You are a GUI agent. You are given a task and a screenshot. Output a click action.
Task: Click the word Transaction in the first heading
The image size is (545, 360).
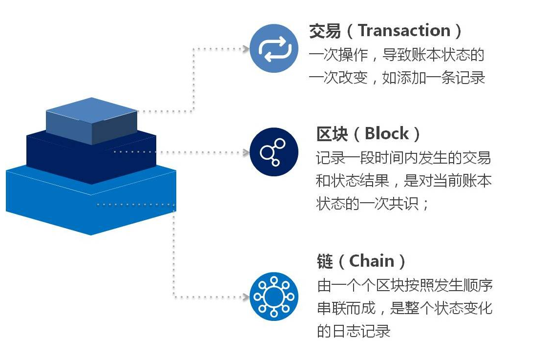(x=404, y=31)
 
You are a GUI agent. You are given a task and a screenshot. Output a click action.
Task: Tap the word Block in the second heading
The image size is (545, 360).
(x=387, y=133)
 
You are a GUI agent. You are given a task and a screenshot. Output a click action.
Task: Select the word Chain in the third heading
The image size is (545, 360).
(x=372, y=261)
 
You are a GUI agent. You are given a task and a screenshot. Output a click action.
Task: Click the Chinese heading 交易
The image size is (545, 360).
(x=325, y=31)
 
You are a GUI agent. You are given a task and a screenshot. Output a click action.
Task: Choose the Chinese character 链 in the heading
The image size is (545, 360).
(x=325, y=261)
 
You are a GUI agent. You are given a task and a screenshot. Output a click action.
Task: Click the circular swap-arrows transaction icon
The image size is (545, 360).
(x=273, y=49)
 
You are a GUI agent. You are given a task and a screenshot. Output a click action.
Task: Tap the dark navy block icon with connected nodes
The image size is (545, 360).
(x=273, y=152)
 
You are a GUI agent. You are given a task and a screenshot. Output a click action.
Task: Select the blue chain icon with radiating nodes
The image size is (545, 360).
(x=273, y=296)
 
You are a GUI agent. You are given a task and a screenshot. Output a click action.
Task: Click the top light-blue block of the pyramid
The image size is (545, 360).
(x=91, y=115)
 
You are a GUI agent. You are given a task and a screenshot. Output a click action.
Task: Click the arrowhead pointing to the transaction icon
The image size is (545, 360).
(x=246, y=49)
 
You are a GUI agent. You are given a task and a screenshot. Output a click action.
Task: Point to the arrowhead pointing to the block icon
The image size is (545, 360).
(x=246, y=152)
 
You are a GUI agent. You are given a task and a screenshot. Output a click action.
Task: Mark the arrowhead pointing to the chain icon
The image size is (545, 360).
(x=246, y=296)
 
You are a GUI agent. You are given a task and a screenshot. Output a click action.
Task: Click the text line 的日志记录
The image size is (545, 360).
(x=354, y=331)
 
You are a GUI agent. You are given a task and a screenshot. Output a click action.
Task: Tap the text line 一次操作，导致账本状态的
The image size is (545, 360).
(x=396, y=55)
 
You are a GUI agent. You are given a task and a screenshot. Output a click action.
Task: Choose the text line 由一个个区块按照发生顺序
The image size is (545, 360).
(x=404, y=285)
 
